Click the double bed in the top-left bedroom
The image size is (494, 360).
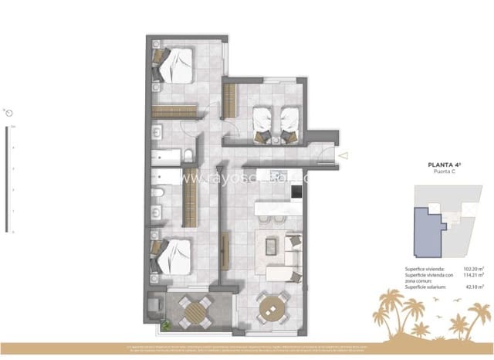point(175,64)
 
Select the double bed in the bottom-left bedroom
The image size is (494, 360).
point(174,256)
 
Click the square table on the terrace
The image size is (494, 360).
point(195,312)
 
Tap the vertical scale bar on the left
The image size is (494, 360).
point(8,178)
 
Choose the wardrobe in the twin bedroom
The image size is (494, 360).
point(229,99)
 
